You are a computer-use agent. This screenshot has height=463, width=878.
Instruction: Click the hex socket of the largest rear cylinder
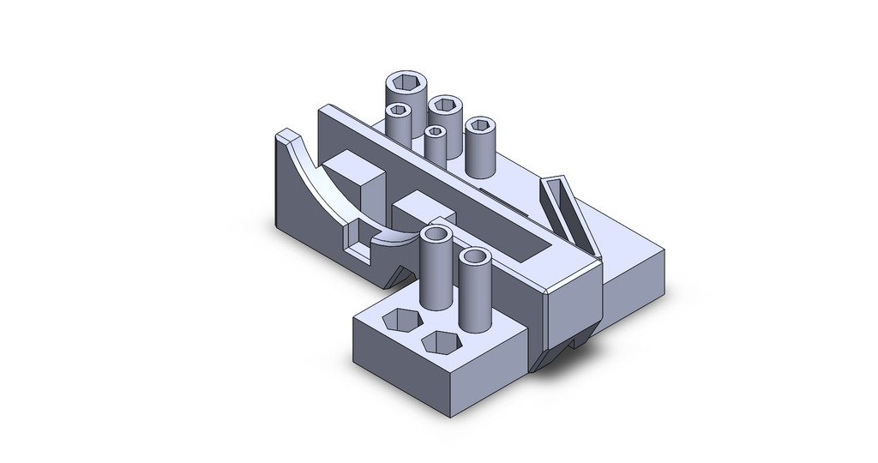(406, 85)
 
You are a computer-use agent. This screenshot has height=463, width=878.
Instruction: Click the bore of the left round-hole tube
(436, 235)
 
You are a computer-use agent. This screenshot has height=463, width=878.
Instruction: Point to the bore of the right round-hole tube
(473, 256)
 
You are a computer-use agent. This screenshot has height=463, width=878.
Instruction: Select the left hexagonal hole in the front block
(400, 320)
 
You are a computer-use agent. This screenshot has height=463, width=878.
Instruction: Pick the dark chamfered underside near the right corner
(566, 348)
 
